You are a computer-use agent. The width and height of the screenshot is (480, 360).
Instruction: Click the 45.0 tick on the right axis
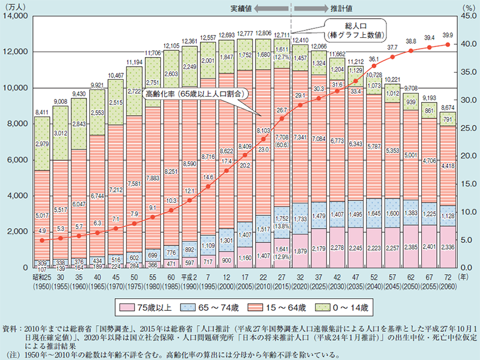(464, 16)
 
